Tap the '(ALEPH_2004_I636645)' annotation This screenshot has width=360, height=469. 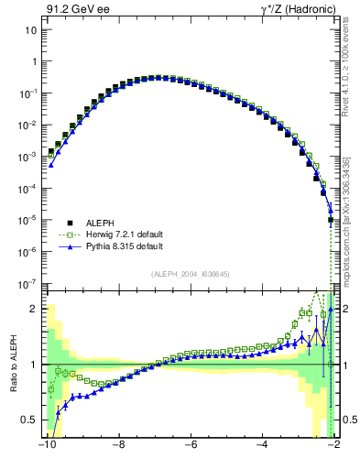click(x=190, y=274)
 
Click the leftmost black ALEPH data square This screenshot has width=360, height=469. click(x=51, y=151)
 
